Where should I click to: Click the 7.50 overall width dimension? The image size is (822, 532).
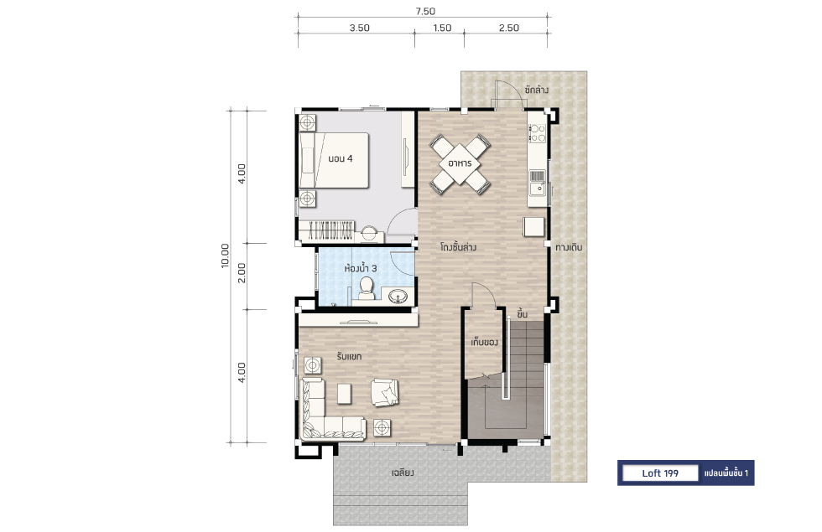point(425,11)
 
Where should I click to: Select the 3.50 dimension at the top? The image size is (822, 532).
point(360,28)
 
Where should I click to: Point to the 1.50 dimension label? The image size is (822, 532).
point(442,28)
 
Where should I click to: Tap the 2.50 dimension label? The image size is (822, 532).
point(508,28)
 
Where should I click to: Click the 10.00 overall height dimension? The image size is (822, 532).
point(225,256)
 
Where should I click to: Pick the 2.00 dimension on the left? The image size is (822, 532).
point(242,273)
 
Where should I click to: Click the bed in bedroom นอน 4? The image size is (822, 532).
point(334,160)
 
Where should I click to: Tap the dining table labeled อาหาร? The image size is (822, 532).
point(460,164)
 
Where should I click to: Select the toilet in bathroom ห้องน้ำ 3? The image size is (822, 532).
point(366,289)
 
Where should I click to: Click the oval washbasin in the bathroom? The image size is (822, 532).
point(399,297)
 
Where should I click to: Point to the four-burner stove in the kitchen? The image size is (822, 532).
point(537,133)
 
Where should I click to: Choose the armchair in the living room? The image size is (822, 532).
point(385,392)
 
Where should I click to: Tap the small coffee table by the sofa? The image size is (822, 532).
point(344,394)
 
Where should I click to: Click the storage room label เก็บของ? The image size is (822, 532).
point(484,343)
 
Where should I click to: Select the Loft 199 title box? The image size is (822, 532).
point(659,473)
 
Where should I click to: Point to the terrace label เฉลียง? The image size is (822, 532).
point(403,473)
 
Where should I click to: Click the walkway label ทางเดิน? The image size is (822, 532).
point(569,247)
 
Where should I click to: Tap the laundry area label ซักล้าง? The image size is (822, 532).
point(536,90)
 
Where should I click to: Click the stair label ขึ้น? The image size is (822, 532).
point(522,314)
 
